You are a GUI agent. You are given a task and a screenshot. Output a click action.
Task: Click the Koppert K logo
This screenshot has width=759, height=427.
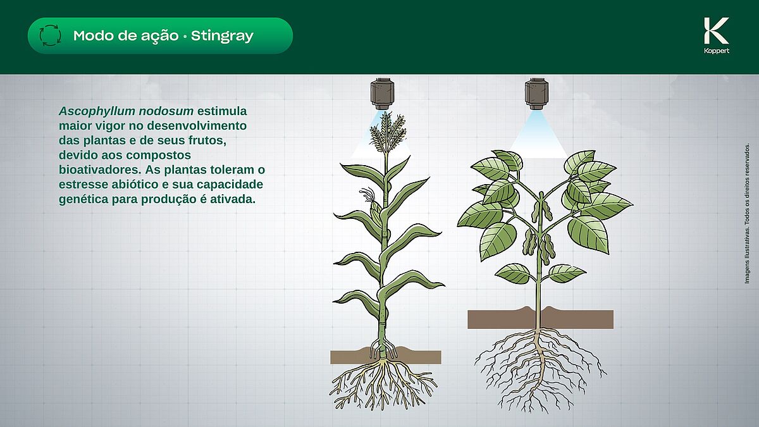(x=716, y=30)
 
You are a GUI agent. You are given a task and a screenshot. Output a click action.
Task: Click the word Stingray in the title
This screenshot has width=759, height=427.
(x=222, y=36)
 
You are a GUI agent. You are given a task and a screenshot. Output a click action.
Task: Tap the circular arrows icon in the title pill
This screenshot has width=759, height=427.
(x=50, y=35)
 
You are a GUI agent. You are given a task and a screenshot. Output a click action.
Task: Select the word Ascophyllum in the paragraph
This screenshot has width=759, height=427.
(x=97, y=111)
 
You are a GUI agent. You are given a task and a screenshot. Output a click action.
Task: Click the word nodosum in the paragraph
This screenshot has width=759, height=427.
(x=166, y=111)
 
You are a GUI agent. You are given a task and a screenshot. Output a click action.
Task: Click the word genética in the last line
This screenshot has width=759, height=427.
(x=83, y=199)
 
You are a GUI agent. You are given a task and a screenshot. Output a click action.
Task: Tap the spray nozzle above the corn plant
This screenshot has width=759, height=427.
(x=382, y=94)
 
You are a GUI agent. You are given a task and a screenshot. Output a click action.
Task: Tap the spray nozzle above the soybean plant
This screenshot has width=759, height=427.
(x=536, y=94)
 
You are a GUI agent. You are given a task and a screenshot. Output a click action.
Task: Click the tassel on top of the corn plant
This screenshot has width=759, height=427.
(x=387, y=133)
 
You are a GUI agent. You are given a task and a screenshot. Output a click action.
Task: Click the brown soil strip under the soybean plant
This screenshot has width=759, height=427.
(x=540, y=319)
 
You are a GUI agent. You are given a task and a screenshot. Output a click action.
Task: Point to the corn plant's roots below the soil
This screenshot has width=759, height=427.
(x=383, y=385)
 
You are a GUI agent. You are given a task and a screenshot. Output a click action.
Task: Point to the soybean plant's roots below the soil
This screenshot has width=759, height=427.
(x=540, y=369)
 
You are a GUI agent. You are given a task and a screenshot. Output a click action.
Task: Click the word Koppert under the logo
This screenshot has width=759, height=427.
(x=717, y=51)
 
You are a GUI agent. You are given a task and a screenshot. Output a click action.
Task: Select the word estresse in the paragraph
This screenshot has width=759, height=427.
(x=80, y=184)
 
